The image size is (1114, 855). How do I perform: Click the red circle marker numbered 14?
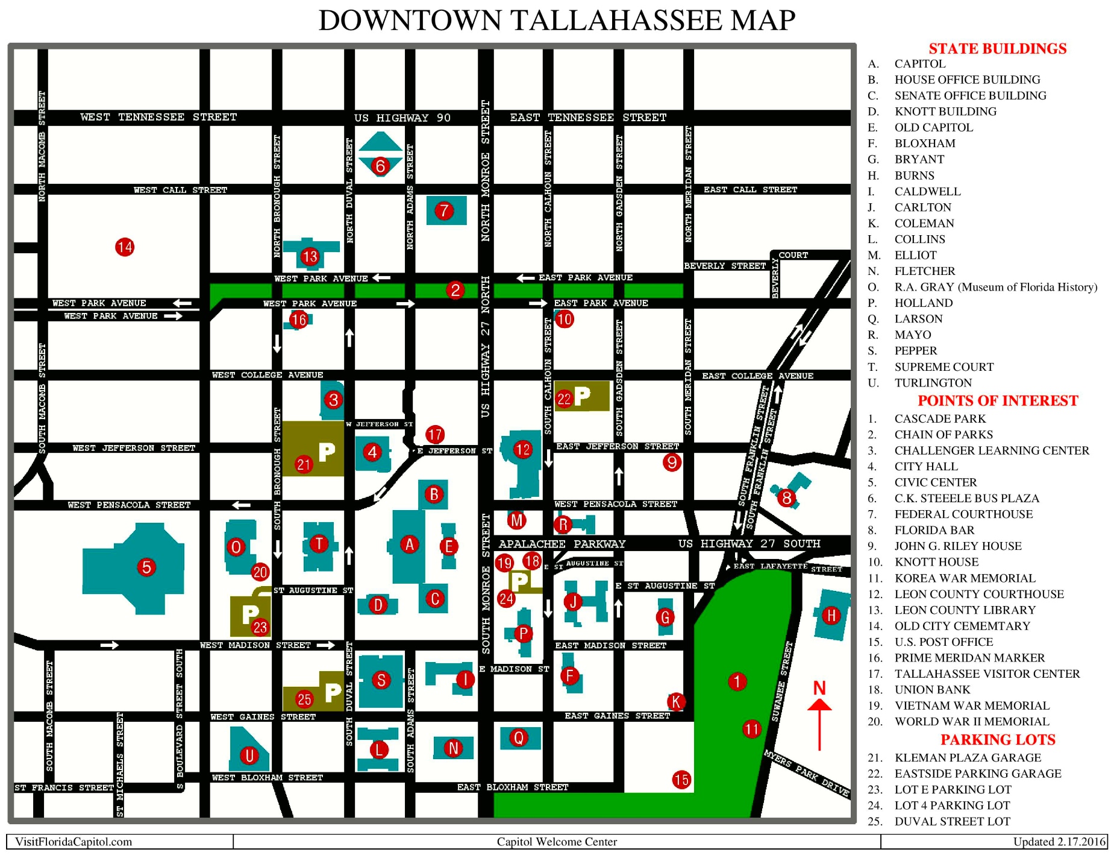click(125, 247)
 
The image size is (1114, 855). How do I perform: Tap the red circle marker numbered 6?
click(380, 165)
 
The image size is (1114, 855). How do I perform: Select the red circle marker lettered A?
click(410, 544)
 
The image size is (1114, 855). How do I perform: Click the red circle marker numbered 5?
click(146, 567)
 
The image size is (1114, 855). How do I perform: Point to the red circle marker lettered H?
click(831, 615)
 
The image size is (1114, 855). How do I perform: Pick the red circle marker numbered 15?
click(681, 780)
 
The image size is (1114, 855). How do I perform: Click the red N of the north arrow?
click(819, 688)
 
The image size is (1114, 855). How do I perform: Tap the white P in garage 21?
click(327, 451)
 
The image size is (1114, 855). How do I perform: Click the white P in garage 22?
click(582, 396)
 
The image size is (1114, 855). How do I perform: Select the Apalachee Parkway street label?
click(562, 544)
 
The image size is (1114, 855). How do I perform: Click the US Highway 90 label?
click(402, 118)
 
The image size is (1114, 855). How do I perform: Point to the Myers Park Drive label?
click(806, 773)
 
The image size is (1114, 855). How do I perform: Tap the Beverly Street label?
click(725, 266)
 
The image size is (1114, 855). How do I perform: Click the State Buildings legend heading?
click(997, 49)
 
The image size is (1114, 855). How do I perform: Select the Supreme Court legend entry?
click(943, 367)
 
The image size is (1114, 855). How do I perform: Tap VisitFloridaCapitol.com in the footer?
click(74, 842)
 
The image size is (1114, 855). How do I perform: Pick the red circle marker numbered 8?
click(786, 498)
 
